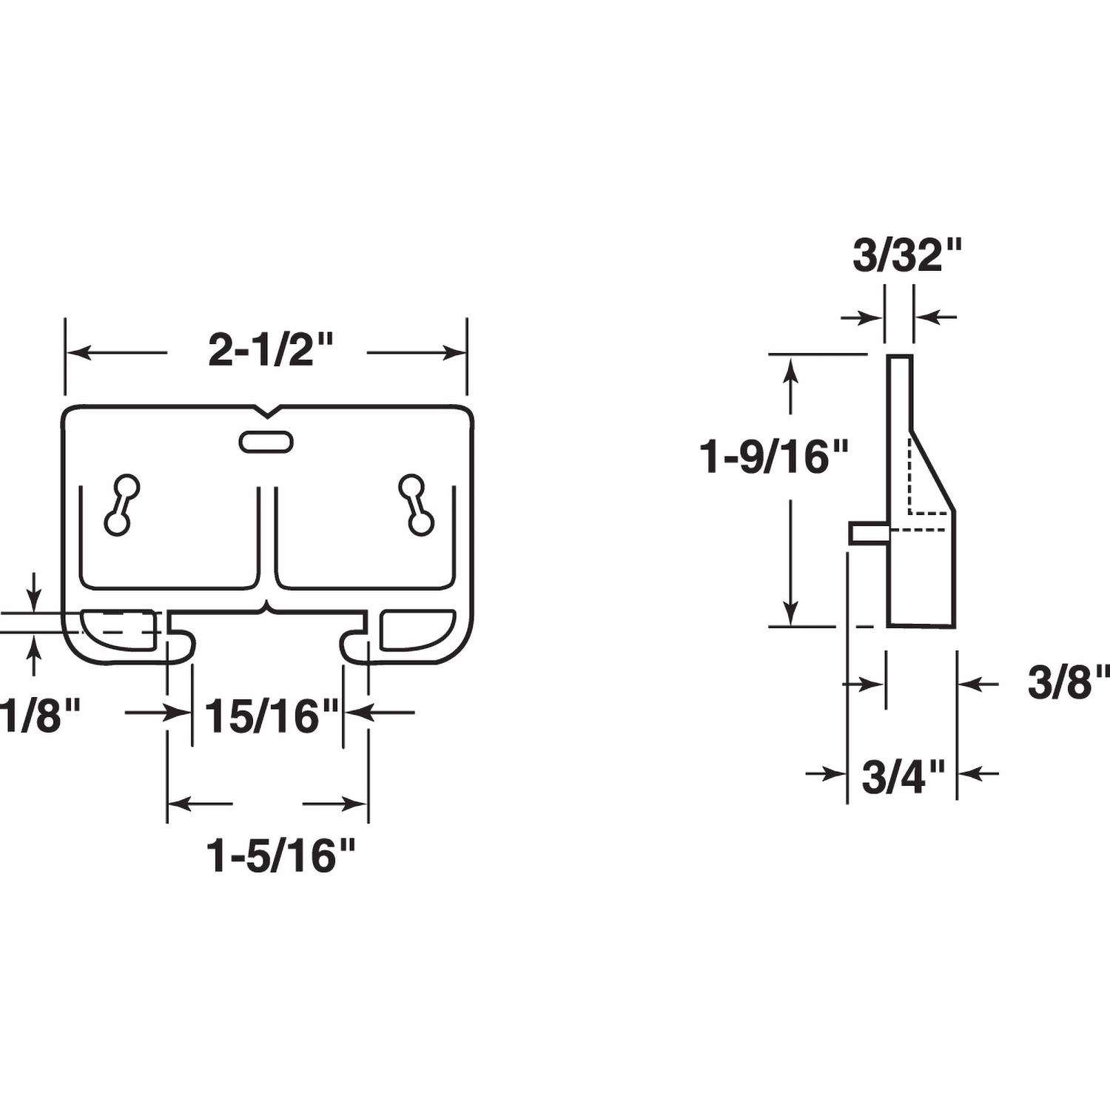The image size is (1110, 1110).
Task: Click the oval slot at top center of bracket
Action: (x=266, y=442)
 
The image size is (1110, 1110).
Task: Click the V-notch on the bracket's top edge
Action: (x=266, y=409)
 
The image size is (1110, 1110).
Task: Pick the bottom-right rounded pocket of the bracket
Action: (x=417, y=629)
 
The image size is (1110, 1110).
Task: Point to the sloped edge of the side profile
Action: (x=934, y=471)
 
